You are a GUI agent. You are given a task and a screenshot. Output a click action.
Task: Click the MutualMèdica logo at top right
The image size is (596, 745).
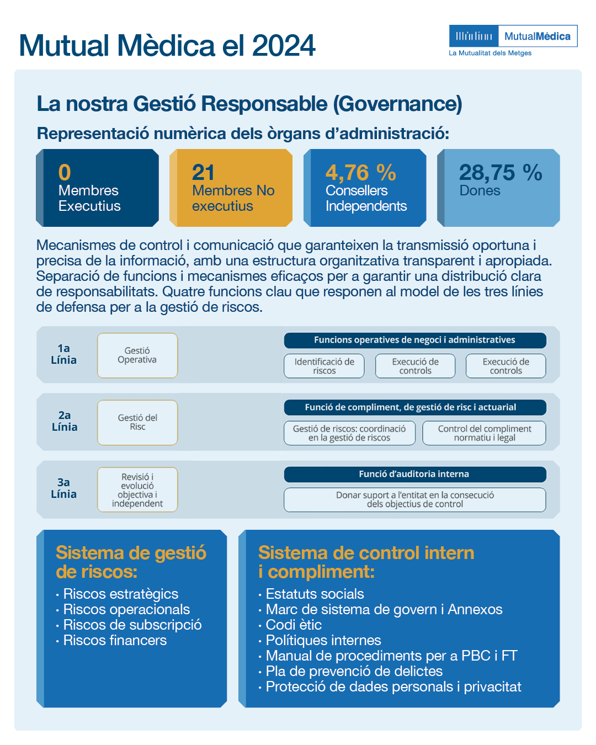[x=513, y=36]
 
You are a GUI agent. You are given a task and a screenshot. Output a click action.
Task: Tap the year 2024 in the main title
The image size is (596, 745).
[x=284, y=46]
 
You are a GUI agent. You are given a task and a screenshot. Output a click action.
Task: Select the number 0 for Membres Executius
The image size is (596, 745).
[x=65, y=173]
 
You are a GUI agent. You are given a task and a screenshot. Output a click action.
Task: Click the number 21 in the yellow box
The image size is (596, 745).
[x=203, y=173]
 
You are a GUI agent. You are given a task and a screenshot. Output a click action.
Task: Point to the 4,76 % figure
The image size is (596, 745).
[x=360, y=173]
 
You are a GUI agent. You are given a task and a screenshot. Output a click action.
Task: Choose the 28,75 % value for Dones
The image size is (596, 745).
[x=500, y=173]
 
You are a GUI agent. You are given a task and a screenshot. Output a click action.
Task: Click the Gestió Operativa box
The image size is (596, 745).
[x=137, y=355]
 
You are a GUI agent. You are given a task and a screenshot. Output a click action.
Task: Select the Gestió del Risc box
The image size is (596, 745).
[x=137, y=423]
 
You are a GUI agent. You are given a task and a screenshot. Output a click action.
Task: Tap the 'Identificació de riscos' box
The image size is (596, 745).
[x=324, y=366]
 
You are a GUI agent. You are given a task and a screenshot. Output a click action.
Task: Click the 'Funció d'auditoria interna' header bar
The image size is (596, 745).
[x=414, y=474]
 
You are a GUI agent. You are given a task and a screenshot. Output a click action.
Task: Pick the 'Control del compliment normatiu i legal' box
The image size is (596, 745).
[x=484, y=433]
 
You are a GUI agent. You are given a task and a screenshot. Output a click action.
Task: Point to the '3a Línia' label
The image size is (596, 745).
[x=64, y=488]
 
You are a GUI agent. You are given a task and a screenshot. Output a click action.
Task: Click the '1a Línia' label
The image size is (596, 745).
[x=64, y=354]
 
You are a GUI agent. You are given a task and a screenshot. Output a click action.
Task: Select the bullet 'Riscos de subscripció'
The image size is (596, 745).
[x=132, y=625]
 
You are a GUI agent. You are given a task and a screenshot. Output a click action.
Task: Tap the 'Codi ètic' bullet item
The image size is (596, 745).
[x=294, y=625]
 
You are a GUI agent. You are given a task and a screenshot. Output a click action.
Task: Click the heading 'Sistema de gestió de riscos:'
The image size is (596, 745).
[x=131, y=562]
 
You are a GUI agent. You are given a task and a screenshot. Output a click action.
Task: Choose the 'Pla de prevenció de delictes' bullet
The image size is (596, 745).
[x=354, y=671]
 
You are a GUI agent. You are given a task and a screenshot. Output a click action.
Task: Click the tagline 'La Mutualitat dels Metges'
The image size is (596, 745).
[x=490, y=54]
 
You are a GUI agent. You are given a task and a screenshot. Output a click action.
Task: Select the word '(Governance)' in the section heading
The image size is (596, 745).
[x=397, y=104]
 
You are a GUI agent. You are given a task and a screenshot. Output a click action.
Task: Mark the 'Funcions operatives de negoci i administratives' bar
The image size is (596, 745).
[x=414, y=340]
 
